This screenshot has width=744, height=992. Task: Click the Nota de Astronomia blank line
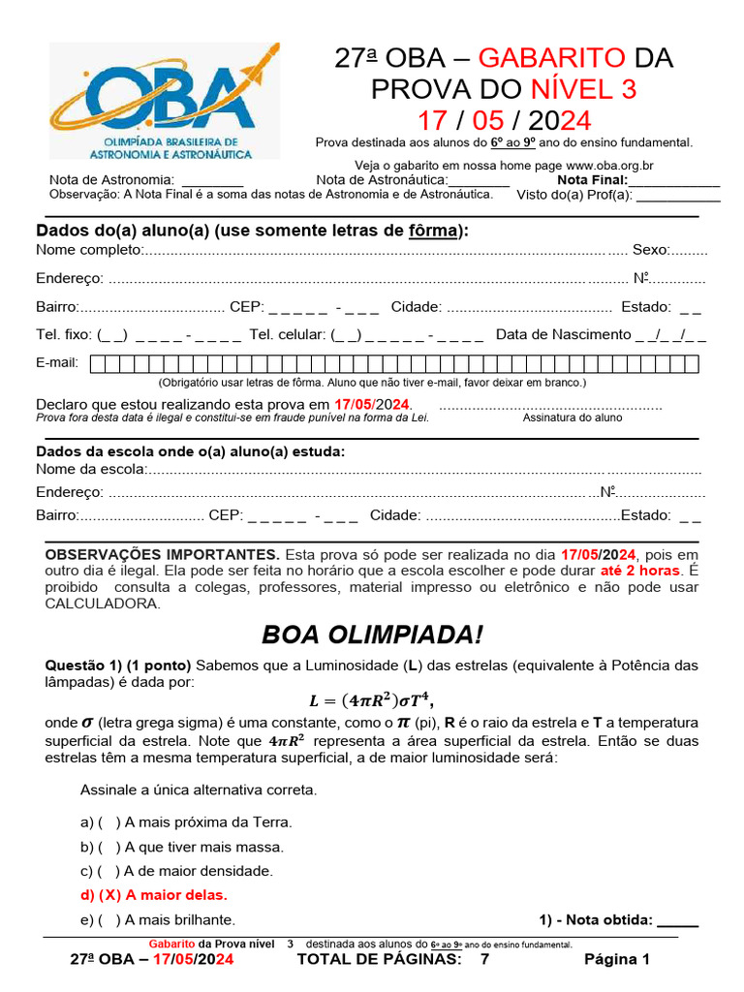[212, 180]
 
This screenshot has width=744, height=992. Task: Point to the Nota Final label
[592, 179]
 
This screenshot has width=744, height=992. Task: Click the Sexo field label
[650, 250]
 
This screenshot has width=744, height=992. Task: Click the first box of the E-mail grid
[98, 364]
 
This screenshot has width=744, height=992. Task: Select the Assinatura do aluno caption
[573, 418]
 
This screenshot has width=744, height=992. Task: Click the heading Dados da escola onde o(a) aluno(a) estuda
[190, 451]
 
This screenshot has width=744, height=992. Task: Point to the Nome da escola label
[90, 470]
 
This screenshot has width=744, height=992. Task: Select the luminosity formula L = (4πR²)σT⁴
[371, 700]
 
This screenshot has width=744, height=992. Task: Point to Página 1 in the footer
[616, 959]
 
